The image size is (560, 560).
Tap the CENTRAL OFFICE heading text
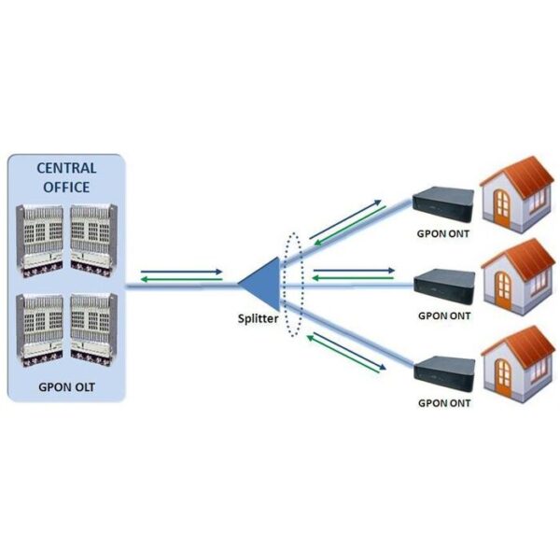[x=65, y=176]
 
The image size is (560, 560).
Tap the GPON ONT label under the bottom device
[x=444, y=403]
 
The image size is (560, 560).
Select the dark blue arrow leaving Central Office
[x=181, y=272]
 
